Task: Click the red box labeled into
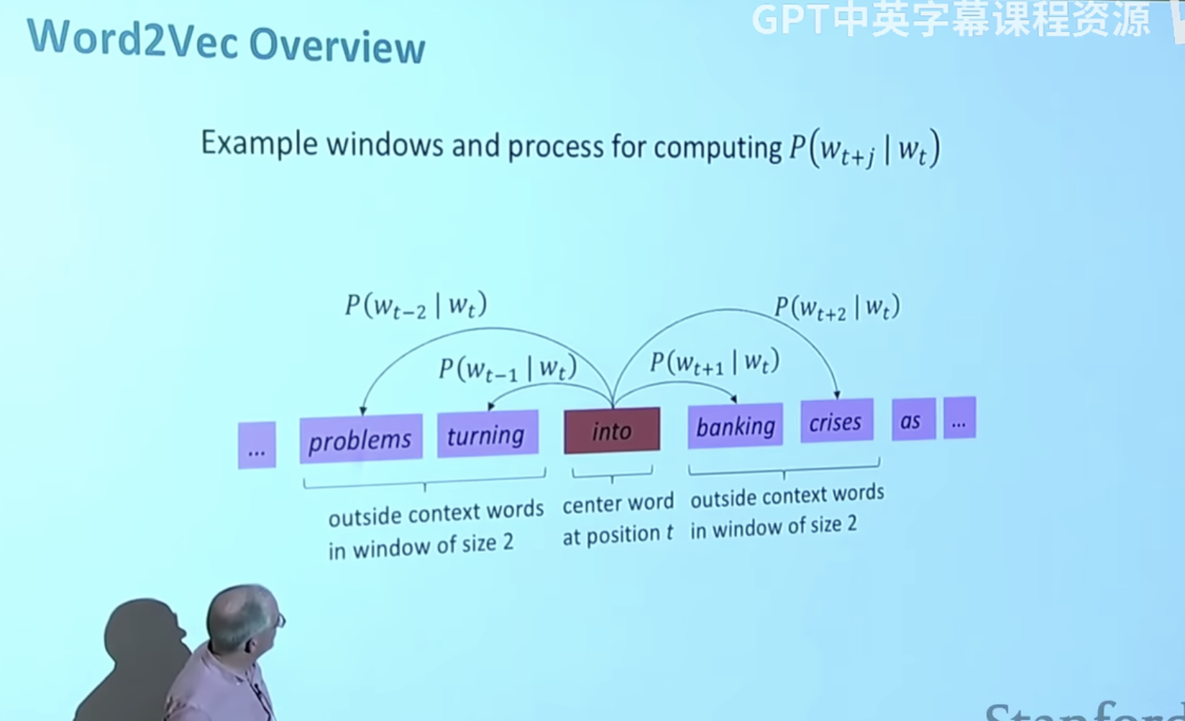pos(612,430)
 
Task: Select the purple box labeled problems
pos(360,439)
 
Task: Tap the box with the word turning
pos(487,435)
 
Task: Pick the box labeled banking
pos(735,427)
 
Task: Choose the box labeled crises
pos(836,421)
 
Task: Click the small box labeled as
pos(912,420)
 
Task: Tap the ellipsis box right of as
pos(959,418)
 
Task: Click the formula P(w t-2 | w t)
pos(416,306)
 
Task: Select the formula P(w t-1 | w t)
pos(507,368)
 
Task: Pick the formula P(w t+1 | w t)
pos(714,361)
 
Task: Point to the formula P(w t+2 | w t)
pos(836,308)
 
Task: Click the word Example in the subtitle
pos(259,143)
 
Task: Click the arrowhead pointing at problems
pos(363,411)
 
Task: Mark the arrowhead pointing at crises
pos(837,395)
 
